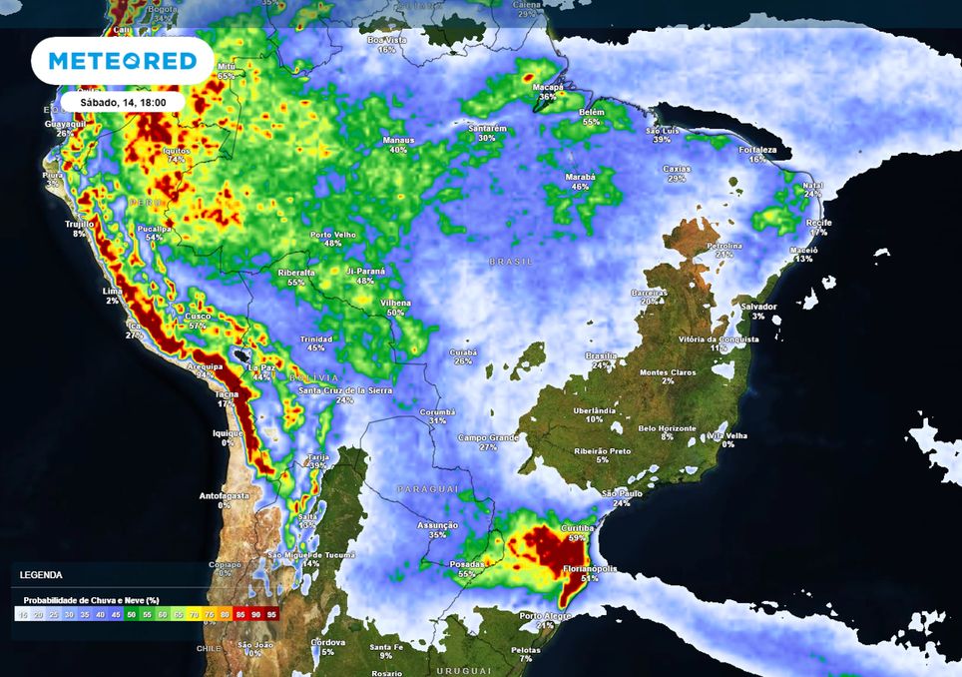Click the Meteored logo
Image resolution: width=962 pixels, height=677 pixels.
pos(122,61)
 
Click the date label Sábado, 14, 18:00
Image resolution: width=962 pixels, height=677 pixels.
pos(123,102)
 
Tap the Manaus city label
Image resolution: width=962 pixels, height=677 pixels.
pos(398,141)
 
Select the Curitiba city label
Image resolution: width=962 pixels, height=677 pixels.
pos(579,527)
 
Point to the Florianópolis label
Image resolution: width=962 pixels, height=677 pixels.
pos(590,568)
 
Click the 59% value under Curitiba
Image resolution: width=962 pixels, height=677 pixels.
pos(577,537)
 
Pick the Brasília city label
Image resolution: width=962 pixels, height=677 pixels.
pos(602,355)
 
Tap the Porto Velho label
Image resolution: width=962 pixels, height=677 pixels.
pos(333,235)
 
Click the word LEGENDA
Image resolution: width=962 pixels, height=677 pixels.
pos(41,575)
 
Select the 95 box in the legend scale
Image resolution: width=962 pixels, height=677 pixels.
pos(269,615)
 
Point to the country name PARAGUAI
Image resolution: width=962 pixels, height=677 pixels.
pos(427,489)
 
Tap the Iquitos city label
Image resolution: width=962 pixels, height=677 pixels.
pos(176,150)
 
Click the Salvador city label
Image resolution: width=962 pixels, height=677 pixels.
pos(759,307)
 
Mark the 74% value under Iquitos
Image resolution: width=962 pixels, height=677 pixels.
pos(176,160)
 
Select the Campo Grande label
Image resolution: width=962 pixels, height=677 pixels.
pos(488,437)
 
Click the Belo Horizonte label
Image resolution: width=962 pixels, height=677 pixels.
pos(667,428)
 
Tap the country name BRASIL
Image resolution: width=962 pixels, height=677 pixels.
pos(510,262)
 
